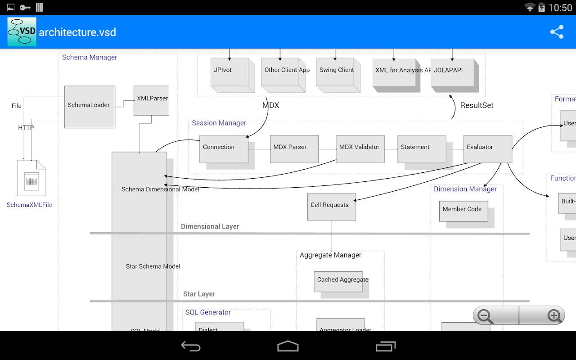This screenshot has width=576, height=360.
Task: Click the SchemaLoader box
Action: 90,107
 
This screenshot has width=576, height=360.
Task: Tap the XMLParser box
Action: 152,100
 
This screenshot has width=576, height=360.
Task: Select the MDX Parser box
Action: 294,149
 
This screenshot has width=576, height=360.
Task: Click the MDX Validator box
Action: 360,149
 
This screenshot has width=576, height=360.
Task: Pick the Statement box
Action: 421,149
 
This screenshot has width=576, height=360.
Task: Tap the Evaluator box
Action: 487,149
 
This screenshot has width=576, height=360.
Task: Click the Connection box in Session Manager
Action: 224,149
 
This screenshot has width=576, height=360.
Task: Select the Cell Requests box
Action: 331,207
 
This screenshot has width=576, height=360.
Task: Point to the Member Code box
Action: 463,211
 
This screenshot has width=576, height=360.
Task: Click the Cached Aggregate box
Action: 338,281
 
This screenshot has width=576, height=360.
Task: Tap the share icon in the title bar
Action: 557,32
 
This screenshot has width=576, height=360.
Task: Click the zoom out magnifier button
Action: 486,315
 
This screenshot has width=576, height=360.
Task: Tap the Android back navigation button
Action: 191,346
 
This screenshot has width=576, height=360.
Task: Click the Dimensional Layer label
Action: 210,226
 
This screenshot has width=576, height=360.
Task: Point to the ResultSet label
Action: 477,105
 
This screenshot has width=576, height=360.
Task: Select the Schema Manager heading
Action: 90,57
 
